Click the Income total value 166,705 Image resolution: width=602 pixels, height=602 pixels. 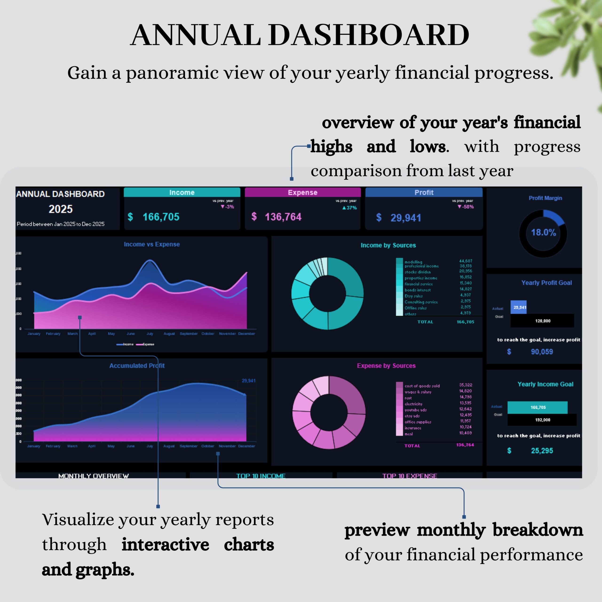tap(161, 217)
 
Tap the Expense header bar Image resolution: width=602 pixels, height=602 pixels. tap(303, 193)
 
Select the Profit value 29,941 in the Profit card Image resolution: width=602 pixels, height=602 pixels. tap(406, 218)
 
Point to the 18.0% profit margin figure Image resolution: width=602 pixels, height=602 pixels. tap(543, 232)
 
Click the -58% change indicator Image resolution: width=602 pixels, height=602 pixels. tap(466, 207)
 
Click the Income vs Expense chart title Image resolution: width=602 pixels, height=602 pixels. tap(152, 244)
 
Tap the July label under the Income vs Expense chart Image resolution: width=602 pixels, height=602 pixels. tap(150, 334)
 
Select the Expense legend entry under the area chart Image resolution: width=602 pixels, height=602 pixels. tap(145, 344)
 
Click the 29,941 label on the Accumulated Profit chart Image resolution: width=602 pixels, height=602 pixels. tap(248, 380)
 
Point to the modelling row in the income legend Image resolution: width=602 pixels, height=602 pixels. tap(413, 262)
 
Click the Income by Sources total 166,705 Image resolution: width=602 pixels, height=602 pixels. tap(465, 322)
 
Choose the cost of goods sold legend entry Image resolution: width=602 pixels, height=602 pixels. tap(422, 386)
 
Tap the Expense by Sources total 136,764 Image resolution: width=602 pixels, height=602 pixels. tap(465, 445)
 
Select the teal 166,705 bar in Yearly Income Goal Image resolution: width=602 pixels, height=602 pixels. tap(538, 407)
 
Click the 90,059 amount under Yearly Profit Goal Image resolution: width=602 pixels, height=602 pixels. tap(542, 352)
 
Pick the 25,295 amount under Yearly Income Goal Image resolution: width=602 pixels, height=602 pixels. tap(542, 451)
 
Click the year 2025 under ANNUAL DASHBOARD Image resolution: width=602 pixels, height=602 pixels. tap(60, 209)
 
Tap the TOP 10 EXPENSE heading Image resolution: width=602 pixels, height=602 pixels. tap(409, 476)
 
